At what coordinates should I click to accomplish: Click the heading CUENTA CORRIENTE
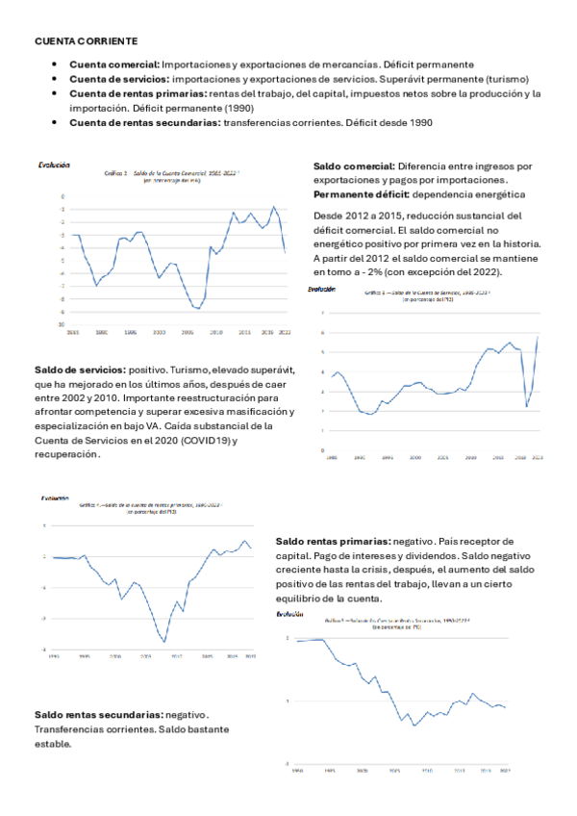86,41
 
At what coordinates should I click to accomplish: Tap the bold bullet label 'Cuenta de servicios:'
119,79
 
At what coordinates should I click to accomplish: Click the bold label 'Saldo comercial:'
353,166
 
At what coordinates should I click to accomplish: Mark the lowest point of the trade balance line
197,309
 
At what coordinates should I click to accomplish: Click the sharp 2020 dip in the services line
526,406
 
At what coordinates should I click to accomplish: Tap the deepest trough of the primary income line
164,642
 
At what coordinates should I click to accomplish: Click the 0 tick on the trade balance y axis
63,195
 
